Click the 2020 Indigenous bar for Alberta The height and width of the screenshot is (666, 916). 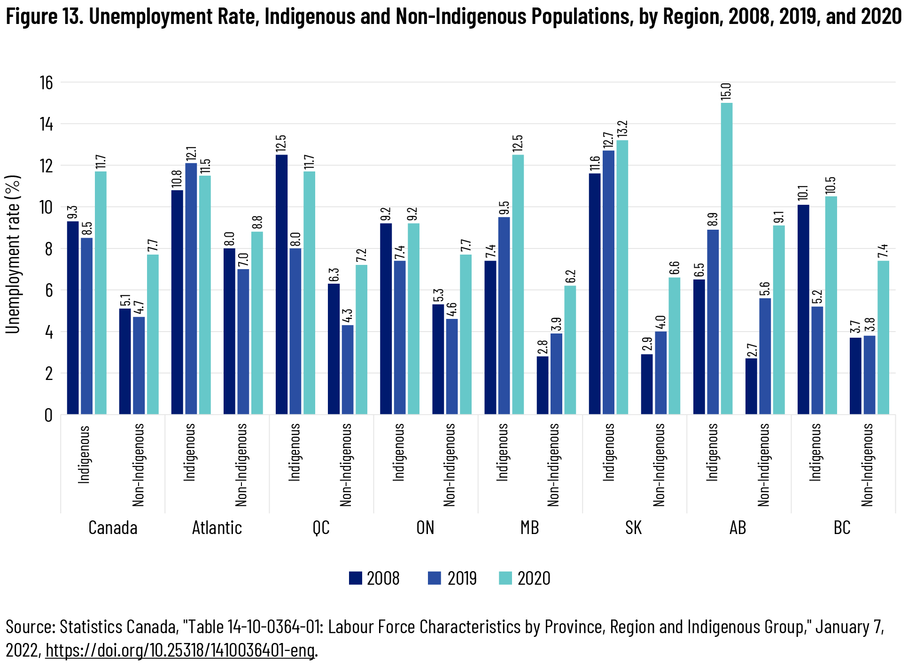(x=726, y=258)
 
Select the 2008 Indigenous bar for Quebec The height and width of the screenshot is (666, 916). (x=281, y=284)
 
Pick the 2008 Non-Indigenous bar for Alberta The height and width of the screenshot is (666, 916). (x=751, y=386)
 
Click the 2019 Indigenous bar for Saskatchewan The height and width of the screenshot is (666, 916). (x=608, y=282)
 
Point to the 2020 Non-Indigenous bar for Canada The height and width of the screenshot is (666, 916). (x=153, y=334)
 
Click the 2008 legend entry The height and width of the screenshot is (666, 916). (x=374, y=578)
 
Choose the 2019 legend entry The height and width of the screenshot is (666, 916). (x=452, y=578)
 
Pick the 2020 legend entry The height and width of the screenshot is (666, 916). (x=524, y=578)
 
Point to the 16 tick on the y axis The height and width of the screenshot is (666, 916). (x=46, y=83)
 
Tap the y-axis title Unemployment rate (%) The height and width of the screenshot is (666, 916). (x=13, y=254)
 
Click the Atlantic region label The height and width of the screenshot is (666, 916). (x=217, y=528)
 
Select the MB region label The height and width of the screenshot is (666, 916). (x=529, y=528)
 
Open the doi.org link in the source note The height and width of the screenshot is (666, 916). (x=180, y=651)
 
